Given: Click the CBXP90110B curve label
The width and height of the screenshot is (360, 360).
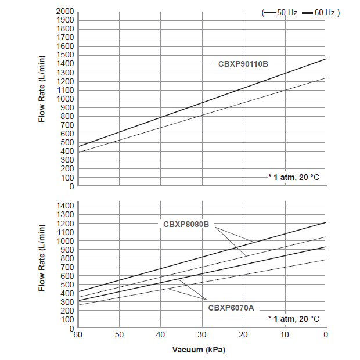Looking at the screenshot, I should (243, 64).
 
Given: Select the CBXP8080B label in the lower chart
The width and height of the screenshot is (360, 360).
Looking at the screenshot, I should (186, 224).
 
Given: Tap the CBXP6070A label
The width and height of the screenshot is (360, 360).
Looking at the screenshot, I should (231, 308).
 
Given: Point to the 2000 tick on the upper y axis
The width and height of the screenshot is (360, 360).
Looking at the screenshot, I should (65, 12).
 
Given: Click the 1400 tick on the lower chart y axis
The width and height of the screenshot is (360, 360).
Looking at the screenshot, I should (65, 206).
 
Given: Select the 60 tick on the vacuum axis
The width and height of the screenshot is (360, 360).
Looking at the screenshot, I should (77, 335).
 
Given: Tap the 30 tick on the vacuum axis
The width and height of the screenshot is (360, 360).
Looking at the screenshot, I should (202, 335).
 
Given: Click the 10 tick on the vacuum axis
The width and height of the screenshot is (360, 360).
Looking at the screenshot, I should (285, 335).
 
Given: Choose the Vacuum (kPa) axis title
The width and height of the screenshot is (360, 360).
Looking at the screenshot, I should (199, 350).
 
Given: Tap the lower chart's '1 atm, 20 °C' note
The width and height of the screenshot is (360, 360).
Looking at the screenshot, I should (294, 319).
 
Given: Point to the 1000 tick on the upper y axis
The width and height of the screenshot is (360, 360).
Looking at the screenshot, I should (65, 99).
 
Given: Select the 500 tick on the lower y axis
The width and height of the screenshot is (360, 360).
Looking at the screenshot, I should (67, 285).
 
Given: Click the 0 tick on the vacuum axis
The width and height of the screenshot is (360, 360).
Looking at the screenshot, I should (326, 335).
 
